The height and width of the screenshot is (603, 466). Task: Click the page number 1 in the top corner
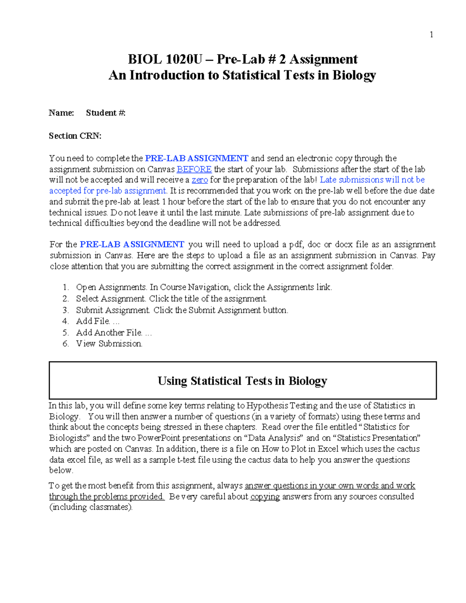431,35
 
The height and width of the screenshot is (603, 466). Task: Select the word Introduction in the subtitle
168,75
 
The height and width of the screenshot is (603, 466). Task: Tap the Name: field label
61,113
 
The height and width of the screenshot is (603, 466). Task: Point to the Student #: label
106,113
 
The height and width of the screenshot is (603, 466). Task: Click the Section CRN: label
75,136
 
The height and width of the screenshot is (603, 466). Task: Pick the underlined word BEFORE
194,169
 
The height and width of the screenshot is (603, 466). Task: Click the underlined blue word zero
200,180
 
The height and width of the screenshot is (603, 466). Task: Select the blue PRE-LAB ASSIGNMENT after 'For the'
132,245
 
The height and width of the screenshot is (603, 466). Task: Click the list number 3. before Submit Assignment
66,310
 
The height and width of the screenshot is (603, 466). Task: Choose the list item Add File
93,321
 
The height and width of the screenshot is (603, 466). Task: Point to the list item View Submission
109,344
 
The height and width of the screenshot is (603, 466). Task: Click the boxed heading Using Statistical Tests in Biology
242,381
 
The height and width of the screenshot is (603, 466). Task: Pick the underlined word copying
265,497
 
